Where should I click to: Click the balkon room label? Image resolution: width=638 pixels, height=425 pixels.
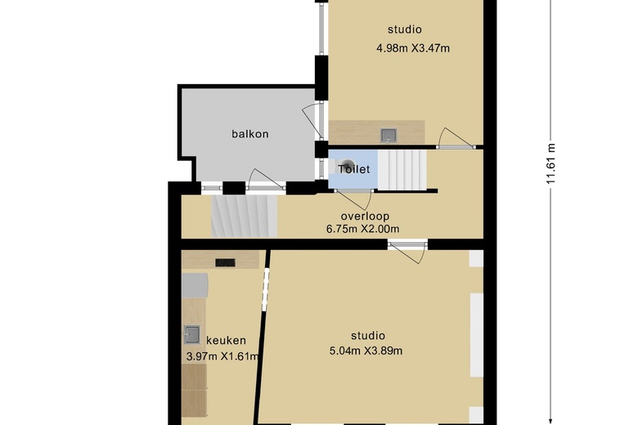click(x=249, y=134)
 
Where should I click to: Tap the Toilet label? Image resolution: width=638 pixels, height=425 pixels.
click(x=354, y=169)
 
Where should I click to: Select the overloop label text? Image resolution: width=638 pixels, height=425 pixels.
click(x=365, y=217)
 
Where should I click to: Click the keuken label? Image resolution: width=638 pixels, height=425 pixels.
click(x=226, y=340)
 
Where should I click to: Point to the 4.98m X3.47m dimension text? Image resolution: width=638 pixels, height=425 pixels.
click(x=413, y=48)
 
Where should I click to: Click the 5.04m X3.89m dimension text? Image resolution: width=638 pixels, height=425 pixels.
click(x=366, y=351)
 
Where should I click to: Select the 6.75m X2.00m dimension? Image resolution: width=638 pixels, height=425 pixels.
click(x=362, y=229)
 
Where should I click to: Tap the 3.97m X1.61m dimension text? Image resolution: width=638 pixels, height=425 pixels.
click(x=222, y=356)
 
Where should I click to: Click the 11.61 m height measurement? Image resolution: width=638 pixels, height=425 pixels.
click(x=550, y=164)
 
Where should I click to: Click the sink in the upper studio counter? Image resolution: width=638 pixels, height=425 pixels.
click(x=389, y=136)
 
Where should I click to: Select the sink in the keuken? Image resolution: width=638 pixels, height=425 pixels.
click(x=192, y=335)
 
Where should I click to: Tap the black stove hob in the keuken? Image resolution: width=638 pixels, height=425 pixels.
click(x=225, y=262)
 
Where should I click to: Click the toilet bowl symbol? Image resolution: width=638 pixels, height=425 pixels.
click(x=345, y=167)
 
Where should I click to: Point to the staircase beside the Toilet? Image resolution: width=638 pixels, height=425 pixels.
click(x=402, y=170)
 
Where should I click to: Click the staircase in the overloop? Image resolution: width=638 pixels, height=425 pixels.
click(x=244, y=216)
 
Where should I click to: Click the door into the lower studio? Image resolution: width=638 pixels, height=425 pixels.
click(x=408, y=250)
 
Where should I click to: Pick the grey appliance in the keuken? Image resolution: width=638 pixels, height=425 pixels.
click(x=195, y=285)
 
